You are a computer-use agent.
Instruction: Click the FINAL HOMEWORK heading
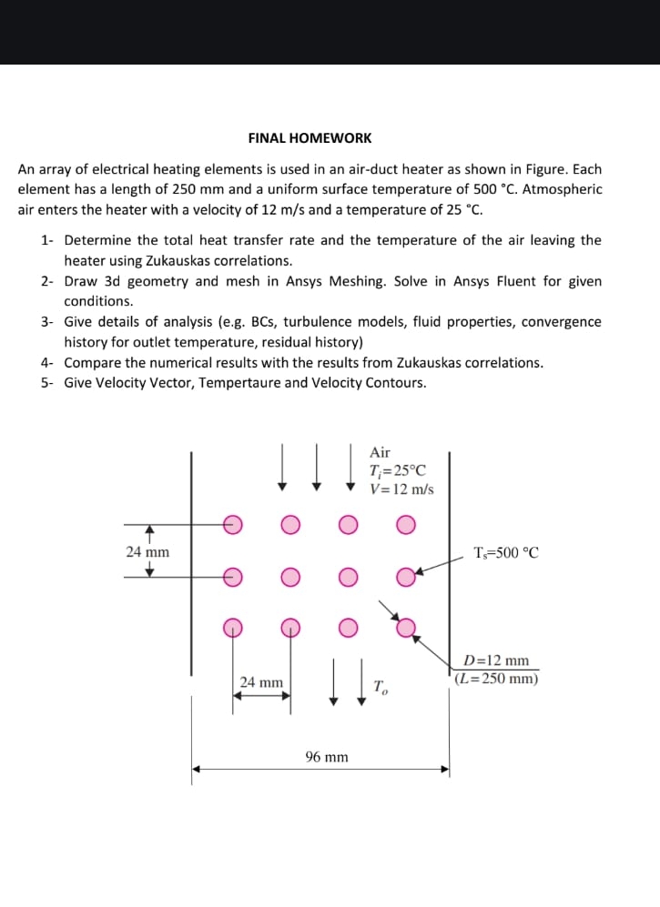pos(310,138)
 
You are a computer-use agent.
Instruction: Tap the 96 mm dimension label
pos(327,757)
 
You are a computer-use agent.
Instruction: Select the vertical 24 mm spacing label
pos(147,551)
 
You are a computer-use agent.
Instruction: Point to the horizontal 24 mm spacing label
pos(261,681)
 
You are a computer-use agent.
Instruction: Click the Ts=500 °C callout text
pos(506,552)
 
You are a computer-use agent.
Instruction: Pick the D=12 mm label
pos(496,660)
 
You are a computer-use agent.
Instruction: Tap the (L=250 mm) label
pos(496,678)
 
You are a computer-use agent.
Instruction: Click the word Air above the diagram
pos(380,452)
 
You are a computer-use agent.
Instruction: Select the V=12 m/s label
pos(401,489)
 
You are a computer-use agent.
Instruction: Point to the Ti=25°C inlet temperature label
pos(397,470)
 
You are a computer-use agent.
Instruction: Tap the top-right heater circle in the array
pos(406,524)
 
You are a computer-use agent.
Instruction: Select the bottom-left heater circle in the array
pos(233,626)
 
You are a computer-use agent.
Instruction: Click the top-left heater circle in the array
pos(233,524)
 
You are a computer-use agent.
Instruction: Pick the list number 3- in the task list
pos(47,322)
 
